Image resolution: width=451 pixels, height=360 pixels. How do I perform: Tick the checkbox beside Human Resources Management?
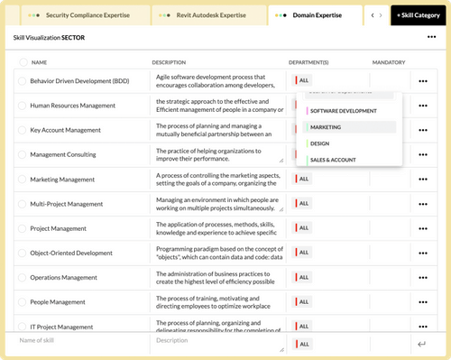[22, 106]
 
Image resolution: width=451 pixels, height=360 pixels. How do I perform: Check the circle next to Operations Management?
[22, 277]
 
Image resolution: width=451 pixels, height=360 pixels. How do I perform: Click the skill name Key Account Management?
[65, 130]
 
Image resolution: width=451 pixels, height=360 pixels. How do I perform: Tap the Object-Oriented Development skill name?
[77, 253]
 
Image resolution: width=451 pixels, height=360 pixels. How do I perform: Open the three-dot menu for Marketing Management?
[422, 180]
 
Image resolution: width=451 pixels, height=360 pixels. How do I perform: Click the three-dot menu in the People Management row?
[422, 302]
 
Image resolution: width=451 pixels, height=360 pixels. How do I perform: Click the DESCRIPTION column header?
[169, 62]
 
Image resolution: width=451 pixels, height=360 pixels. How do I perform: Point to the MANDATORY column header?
[388, 62]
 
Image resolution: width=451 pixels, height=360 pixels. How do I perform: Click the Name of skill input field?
[72, 340]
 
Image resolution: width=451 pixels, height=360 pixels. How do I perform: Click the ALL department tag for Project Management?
[302, 228]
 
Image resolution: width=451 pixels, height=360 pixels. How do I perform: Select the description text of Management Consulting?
[216, 154]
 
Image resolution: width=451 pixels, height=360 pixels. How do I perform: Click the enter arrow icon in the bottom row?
[421, 344]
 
